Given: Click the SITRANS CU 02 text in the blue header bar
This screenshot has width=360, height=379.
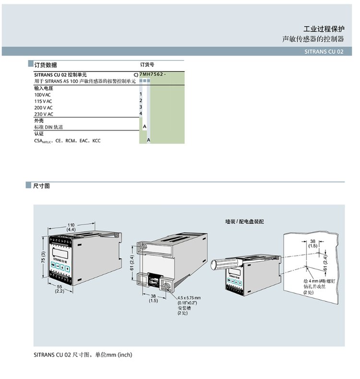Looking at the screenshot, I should point(324,51).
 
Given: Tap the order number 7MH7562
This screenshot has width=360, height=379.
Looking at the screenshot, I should point(152,75).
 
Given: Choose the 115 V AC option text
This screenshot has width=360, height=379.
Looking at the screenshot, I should point(44,101).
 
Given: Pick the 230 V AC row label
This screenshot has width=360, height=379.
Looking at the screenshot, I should point(44,114).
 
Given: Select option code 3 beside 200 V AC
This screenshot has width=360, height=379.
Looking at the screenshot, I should point(141,107).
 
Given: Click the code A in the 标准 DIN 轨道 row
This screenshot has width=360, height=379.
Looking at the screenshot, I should point(144,126).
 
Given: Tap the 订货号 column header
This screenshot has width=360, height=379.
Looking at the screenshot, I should point(147,65).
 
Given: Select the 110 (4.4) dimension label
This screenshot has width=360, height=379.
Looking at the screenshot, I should point(71,227).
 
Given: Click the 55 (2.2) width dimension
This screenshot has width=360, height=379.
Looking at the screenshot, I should point(60,289).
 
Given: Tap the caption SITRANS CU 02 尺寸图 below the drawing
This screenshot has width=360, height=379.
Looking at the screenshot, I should point(82,355).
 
